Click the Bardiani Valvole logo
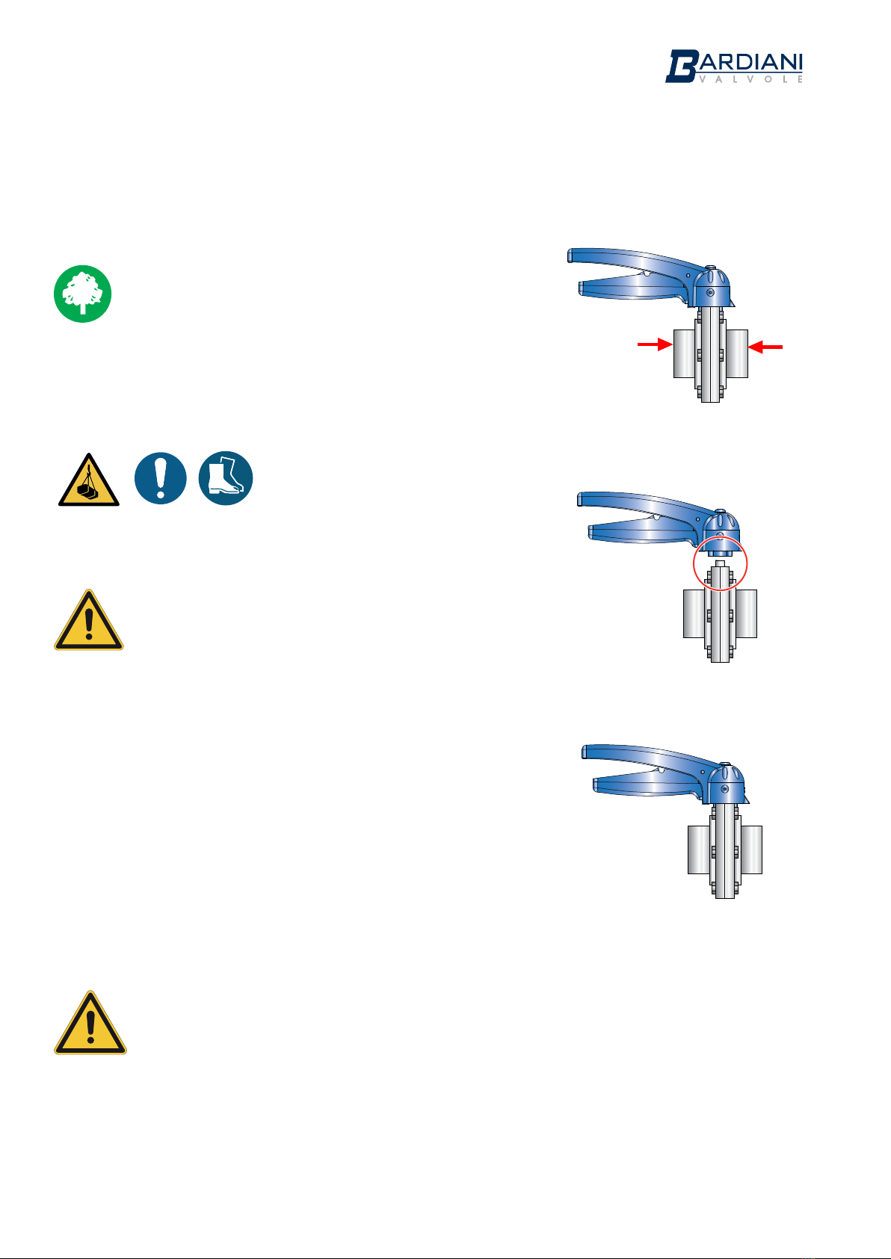pos(733,66)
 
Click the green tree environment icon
pos(83,294)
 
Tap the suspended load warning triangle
pos(89,480)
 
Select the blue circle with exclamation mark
pos(161,478)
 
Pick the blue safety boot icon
pos(226,478)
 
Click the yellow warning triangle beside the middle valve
pos(89,620)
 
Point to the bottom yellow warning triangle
pos(90,1023)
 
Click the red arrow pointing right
pos(655,344)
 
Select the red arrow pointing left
pos(765,347)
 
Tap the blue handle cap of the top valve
pos(711,287)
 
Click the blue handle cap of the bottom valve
pos(726,783)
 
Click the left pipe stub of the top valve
pos(684,353)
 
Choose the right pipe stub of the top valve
pos(737,353)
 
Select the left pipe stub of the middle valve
pos(694,613)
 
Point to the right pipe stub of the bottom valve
pos(751,850)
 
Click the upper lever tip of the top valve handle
pos(570,256)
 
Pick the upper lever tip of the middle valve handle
pos(579,500)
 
